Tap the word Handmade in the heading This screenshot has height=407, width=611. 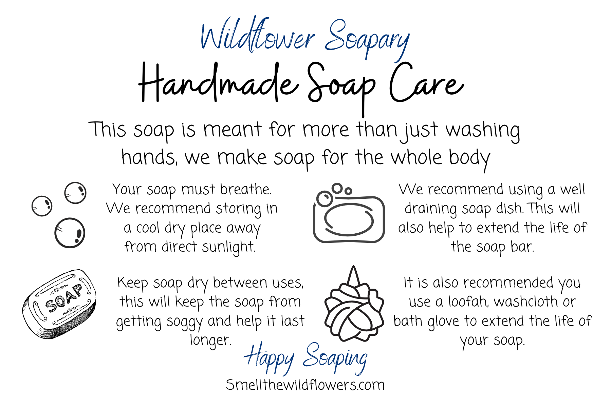[219, 82]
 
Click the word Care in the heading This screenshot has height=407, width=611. [426, 82]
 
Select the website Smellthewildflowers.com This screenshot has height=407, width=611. [305, 385]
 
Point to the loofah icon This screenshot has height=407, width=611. [354, 304]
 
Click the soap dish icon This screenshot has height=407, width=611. [349, 213]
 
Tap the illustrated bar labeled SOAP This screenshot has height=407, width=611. [59, 304]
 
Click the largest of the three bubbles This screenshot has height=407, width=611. [70, 233]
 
